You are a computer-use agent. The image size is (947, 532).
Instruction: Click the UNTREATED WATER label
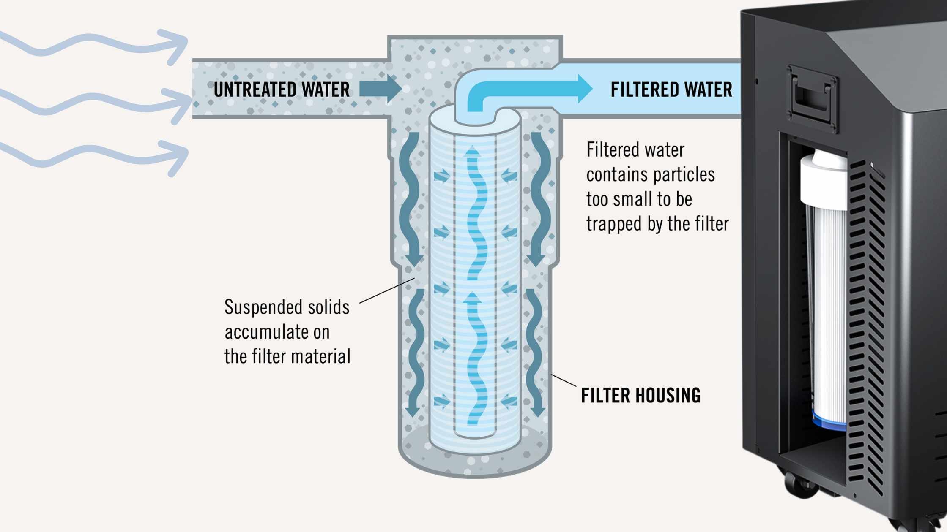pos(282,90)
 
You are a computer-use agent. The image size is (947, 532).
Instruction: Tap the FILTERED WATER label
pos(671,90)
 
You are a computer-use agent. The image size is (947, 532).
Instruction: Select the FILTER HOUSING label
pos(640,395)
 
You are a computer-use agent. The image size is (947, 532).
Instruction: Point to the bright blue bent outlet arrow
pos(528,90)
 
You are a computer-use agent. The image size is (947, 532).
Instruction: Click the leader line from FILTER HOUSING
pos(564,380)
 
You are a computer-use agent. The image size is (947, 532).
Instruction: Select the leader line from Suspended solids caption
pos(386,291)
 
